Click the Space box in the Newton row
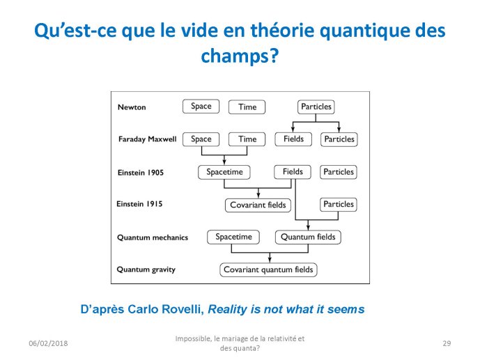coord(201,107)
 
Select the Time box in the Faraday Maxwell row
coord(247,139)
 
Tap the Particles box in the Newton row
coord(316,107)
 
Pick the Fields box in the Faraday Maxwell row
coord(293,139)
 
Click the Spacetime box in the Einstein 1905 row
coord(224,172)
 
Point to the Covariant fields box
coord(258,205)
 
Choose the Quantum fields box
coord(308,237)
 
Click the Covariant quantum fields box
coord(268,269)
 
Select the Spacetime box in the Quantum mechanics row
coord(233,237)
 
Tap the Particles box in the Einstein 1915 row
coord(339,204)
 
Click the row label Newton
coord(132,107)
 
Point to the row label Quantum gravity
coord(146,269)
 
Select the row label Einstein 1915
coord(139,204)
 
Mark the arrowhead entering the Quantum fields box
coord(308,227)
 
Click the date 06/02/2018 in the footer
coord(48,343)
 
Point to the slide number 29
coord(447,343)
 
